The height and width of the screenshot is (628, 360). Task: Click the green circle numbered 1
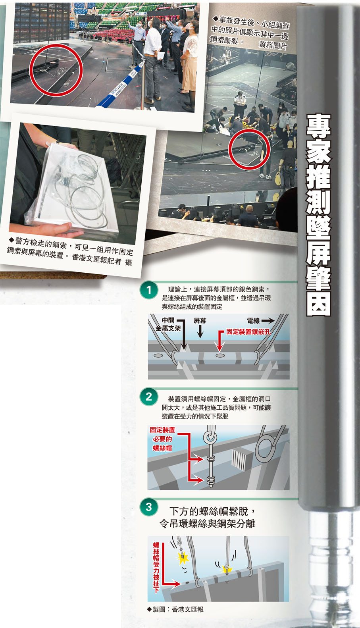149,290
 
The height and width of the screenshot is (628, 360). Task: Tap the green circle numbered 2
149,397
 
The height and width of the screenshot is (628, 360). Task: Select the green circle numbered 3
149,507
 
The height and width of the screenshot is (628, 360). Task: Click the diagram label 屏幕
200,321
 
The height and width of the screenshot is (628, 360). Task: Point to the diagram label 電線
253,321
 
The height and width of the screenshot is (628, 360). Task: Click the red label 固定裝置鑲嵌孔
248,331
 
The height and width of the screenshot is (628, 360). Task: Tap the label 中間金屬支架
168,324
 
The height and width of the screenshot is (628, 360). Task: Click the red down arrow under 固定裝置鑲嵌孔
221,340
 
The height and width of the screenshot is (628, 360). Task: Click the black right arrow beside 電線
268,320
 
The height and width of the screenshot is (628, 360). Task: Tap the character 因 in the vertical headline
319,304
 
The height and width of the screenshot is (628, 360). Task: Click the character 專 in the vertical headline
319,126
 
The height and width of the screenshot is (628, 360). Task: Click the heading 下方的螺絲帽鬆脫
209,511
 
